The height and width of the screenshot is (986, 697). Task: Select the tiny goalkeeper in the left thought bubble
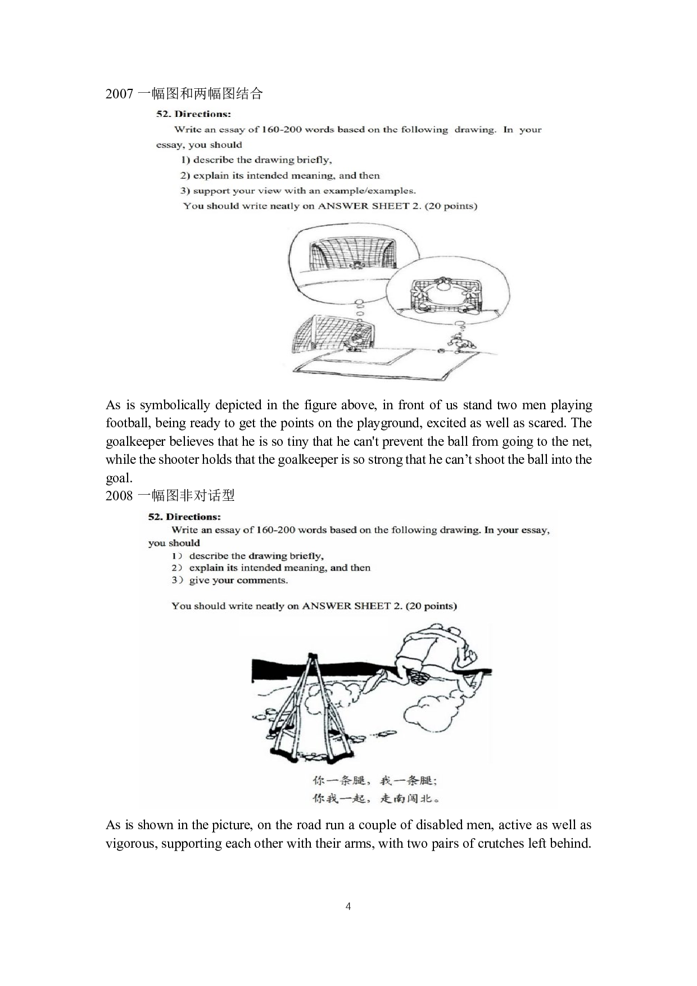[x=356, y=265]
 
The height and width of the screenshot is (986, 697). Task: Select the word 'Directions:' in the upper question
[x=203, y=114]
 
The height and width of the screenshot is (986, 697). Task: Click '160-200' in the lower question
[x=275, y=530]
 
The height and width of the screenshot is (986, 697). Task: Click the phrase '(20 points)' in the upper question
[x=451, y=206]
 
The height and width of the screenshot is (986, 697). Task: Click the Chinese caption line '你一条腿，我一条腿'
[x=374, y=780]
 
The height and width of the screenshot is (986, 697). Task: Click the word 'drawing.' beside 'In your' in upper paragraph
[x=475, y=130]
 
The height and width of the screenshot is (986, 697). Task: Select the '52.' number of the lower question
[x=156, y=517]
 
